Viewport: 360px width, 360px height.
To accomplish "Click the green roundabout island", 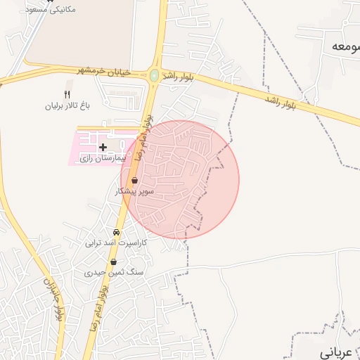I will pyautogui.click(x=154, y=75).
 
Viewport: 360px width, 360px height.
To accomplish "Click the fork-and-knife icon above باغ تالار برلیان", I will pyautogui.click(x=67, y=94).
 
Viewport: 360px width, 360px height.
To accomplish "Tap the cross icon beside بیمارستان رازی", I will pyautogui.click(x=103, y=147).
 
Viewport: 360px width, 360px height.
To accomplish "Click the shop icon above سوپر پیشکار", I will pyautogui.click(x=134, y=180).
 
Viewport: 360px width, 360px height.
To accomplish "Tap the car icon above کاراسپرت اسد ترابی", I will pyautogui.click(x=116, y=233).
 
